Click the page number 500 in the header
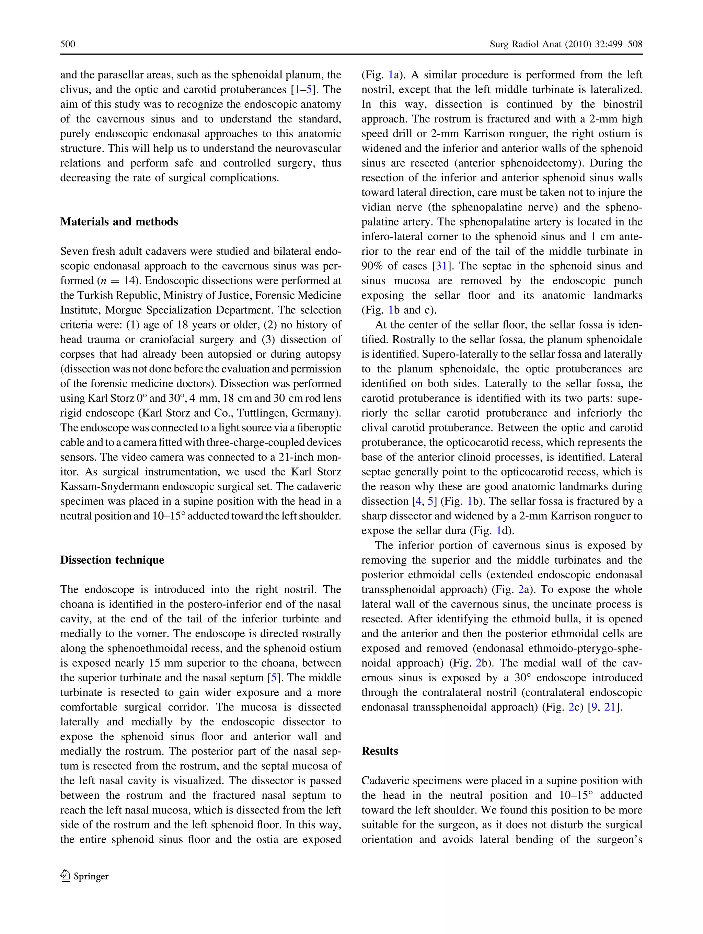tap(68, 44)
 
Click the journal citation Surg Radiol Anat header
tap(566, 44)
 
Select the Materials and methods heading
tap(119, 222)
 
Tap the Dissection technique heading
tap(112, 560)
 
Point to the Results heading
tap(380, 751)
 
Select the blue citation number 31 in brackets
tap(441, 266)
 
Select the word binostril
tap(623, 104)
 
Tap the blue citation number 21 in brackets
tap(610, 707)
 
